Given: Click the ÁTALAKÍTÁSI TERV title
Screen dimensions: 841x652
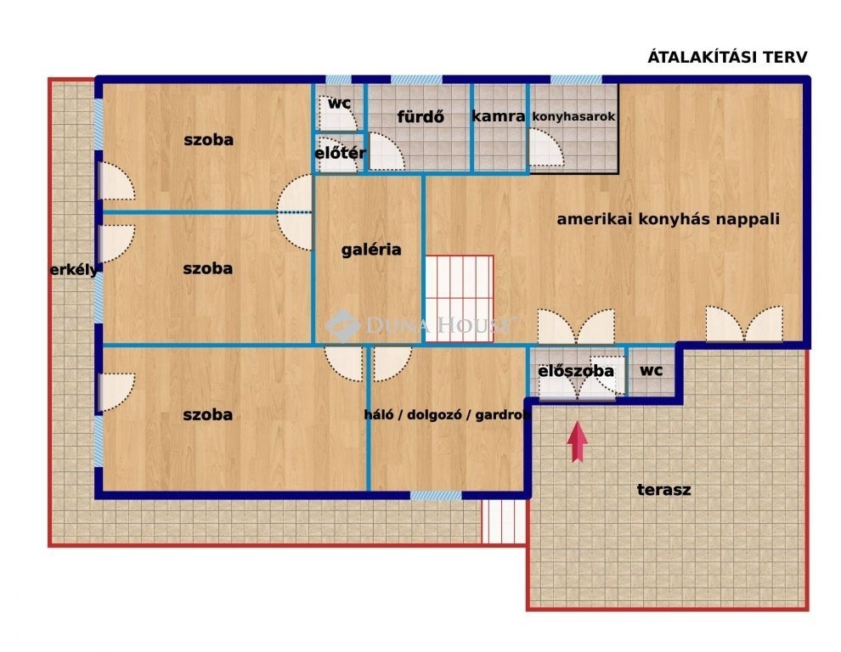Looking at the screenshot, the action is tap(727, 56).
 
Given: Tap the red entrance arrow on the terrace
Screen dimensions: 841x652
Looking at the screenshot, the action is tap(577, 441).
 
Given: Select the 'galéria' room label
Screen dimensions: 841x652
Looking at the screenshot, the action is tap(371, 250).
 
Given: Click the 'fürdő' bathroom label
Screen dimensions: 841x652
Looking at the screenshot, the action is tap(420, 116).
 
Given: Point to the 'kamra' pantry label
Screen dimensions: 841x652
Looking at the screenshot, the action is tap(499, 116).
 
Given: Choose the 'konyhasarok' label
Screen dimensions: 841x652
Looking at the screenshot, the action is tap(573, 116).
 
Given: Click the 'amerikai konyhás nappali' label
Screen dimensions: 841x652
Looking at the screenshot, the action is tap(669, 219).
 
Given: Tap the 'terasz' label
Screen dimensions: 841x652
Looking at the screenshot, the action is tap(664, 490).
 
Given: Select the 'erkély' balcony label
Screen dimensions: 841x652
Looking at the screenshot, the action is tap(74, 270).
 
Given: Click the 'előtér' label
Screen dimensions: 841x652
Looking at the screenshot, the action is tap(340, 154).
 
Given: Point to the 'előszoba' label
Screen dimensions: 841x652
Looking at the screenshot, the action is tap(575, 370).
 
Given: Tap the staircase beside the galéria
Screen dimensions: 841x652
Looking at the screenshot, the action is tap(459, 299).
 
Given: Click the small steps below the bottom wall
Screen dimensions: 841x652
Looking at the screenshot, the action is tap(504, 522).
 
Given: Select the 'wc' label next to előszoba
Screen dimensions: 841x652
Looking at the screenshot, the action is tap(651, 370).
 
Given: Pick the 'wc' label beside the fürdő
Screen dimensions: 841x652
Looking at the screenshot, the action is tap(339, 103).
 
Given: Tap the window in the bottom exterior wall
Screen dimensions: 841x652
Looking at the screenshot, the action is tap(436, 496).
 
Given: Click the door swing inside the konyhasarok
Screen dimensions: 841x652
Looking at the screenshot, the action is tap(546, 147).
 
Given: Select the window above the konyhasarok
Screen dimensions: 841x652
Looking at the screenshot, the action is tap(576, 79).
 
